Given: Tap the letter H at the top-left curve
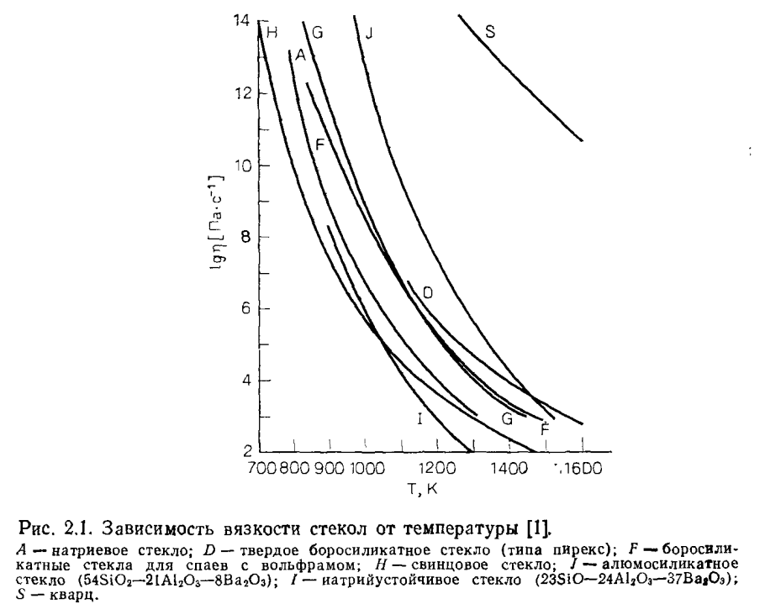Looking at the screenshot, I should click(x=272, y=34).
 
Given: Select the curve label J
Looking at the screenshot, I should click(x=368, y=33).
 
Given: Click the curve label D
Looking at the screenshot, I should click(x=427, y=293).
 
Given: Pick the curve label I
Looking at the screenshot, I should click(x=418, y=418).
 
